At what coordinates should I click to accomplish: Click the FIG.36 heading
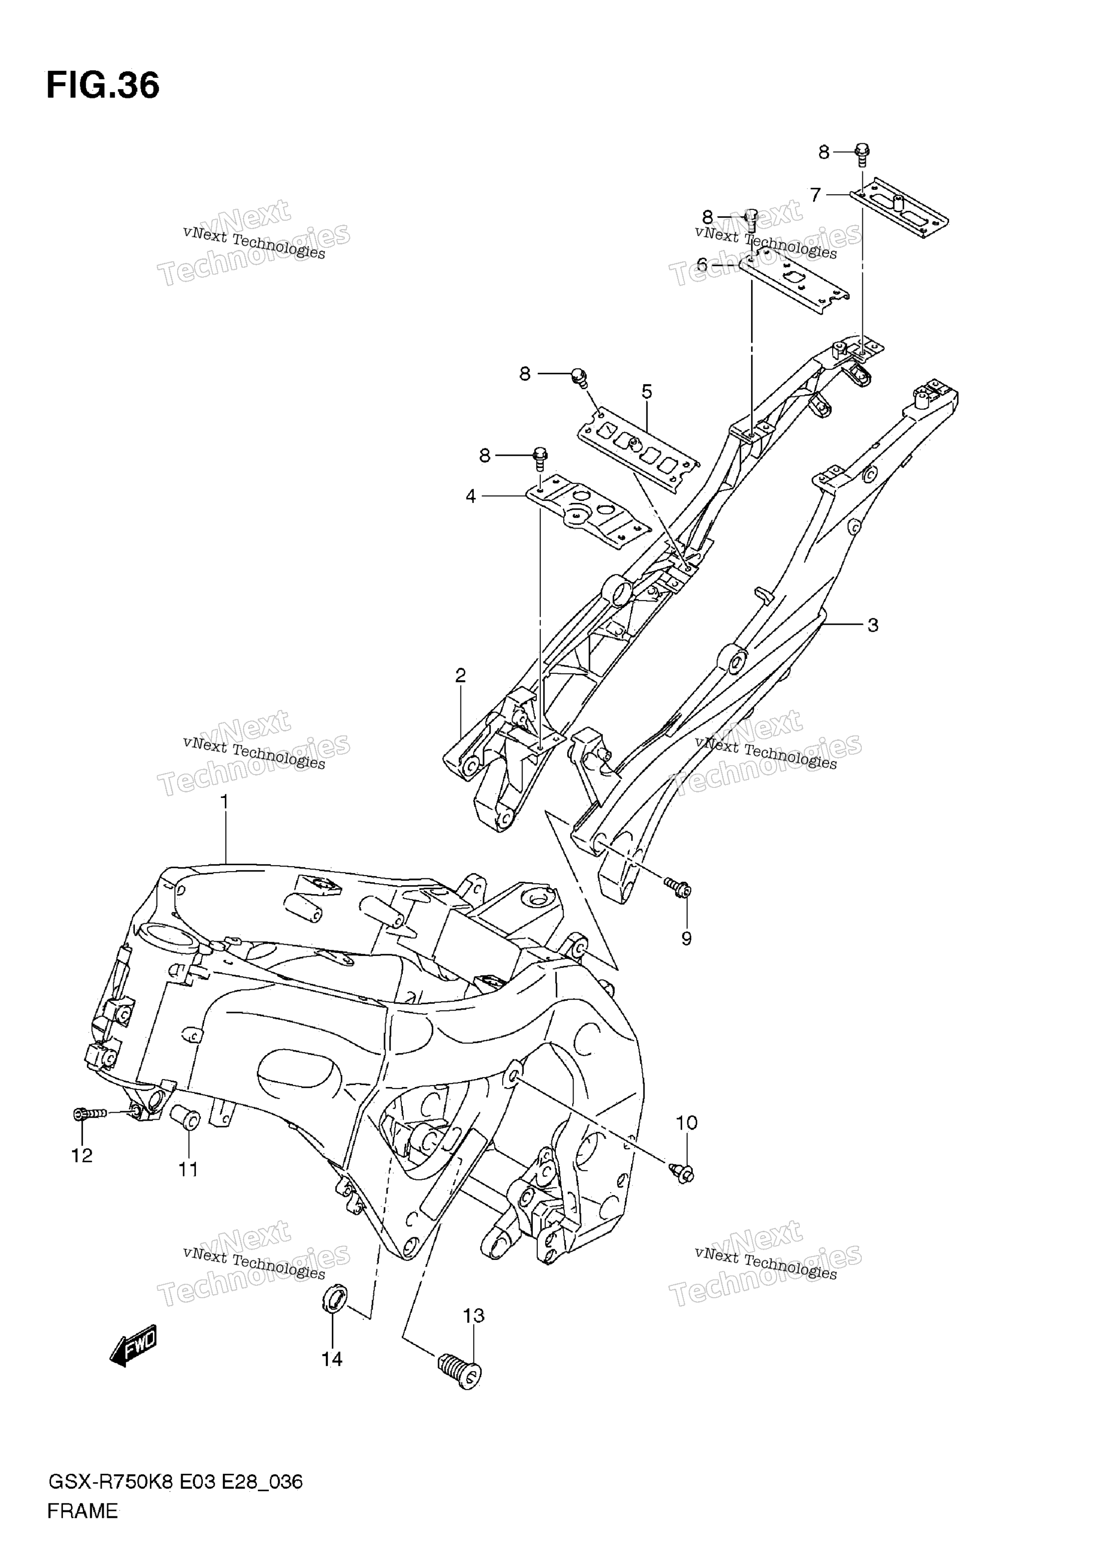click(x=103, y=86)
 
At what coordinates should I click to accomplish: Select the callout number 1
click(x=224, y=802)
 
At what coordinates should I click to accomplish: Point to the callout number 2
click(x=460, y=675)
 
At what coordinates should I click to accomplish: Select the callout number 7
click(x=815, y=195)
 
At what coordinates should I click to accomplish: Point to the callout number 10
click(x=687, y=1123)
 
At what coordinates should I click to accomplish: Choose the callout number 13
click(x=474, y=1316)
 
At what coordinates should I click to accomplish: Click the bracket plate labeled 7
click(x=899, y=207)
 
